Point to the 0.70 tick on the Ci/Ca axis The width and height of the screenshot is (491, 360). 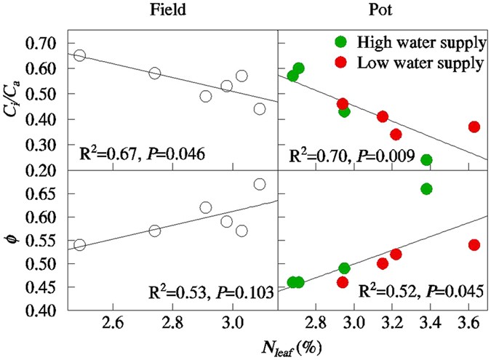point(46,43)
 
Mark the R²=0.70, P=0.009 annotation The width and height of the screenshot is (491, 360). point(352,156)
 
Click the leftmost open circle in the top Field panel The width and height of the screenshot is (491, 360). point(80,56)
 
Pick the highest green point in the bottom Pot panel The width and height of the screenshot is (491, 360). point(426,189)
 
